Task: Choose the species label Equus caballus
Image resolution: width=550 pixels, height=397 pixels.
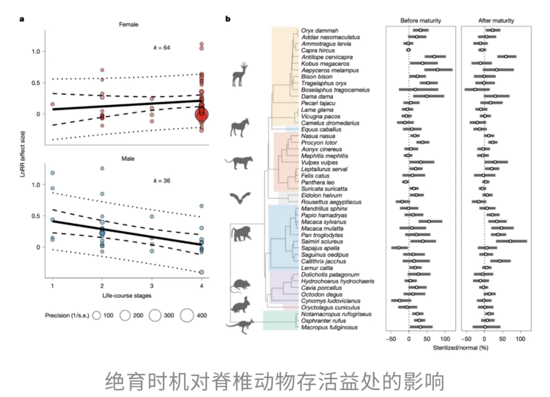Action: tap(320, 129)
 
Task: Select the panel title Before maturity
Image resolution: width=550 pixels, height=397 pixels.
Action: tap(421, 20)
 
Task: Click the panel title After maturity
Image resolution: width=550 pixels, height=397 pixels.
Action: tap(496, 20)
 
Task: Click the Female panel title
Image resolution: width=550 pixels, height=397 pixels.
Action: tap(128, 24)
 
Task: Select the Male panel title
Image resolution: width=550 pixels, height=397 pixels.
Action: tap(128, 159)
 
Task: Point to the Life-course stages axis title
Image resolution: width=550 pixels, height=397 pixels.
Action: tap(128, 295)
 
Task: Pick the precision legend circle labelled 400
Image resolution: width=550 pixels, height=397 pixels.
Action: tap(187, 316)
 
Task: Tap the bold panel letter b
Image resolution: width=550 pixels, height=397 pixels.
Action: tap(228, 19)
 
